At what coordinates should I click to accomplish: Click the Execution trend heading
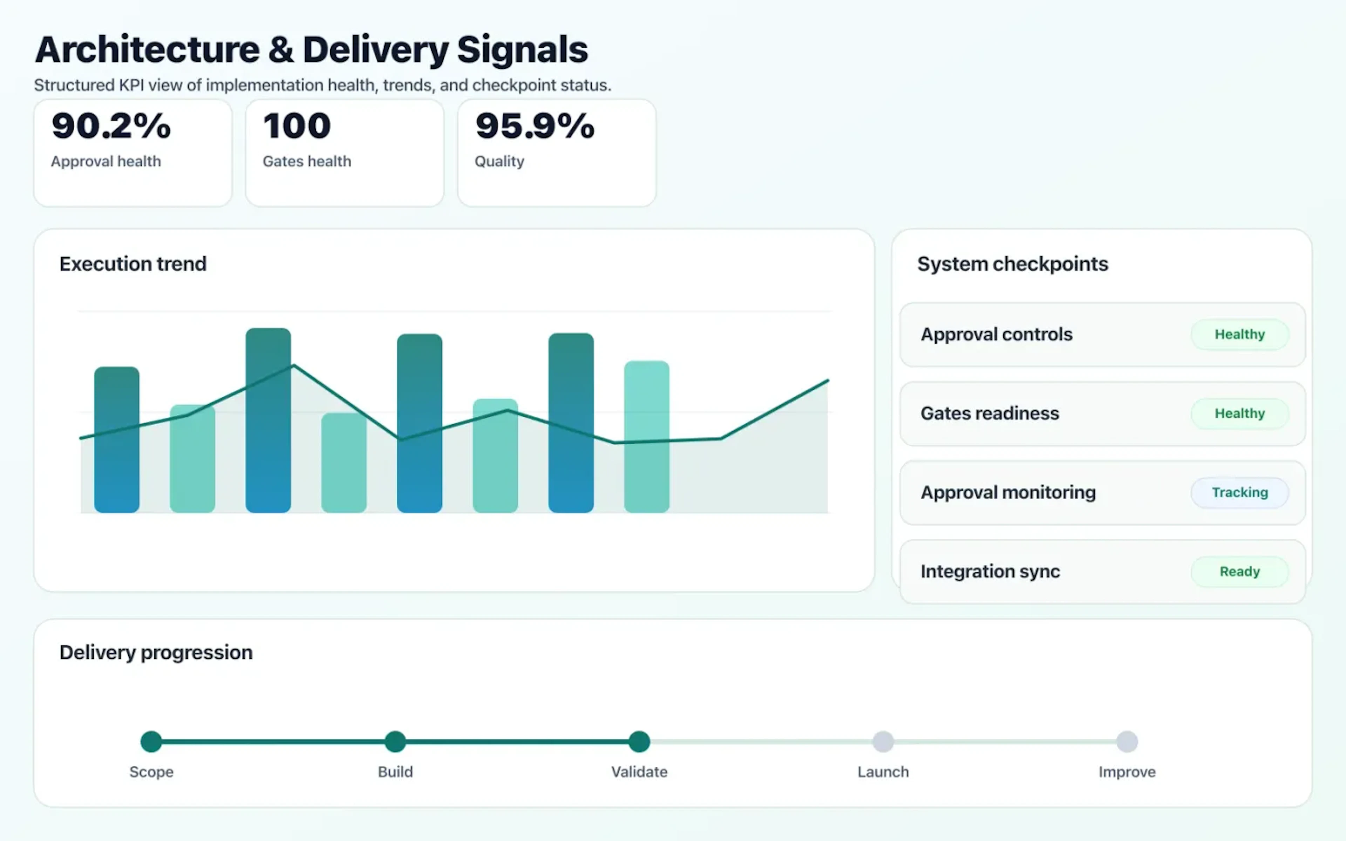(132, 264)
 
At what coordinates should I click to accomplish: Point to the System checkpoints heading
(1012, 264)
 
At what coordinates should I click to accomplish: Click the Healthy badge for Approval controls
(1239, 334)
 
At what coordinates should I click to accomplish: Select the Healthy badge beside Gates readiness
(1239, 413)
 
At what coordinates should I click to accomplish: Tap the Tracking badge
(1239, 492)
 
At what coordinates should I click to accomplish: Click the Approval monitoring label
(1008, 492)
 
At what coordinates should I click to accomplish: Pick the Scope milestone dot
(151, 741)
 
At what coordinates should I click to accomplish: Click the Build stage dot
(395, 741)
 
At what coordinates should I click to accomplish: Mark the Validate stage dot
(639, 741)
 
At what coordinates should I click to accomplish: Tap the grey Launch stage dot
(883, 741)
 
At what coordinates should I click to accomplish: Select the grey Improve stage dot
(1127, 741)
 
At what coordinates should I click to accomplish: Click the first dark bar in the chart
(117, 439)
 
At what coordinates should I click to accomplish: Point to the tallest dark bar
(268, 420)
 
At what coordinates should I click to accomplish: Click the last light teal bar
(646, 437)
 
